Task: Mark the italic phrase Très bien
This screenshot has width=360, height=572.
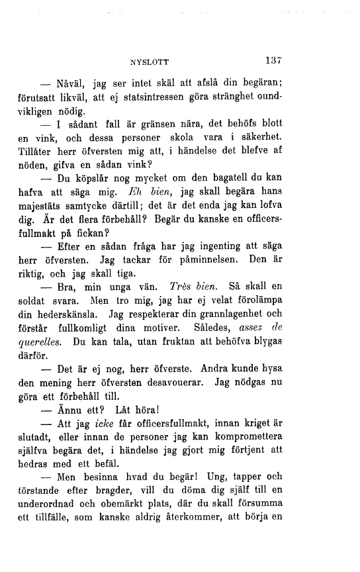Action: [x=193, y=286]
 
